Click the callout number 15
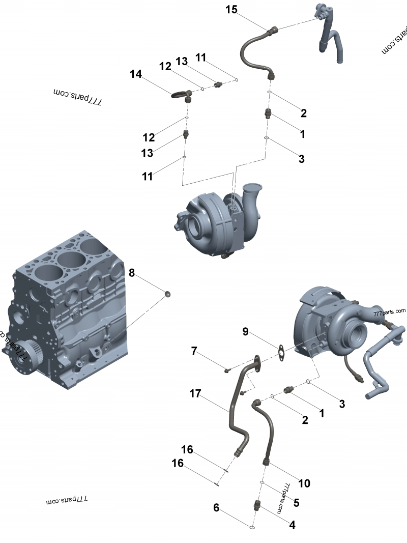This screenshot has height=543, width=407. [x=231, y=10]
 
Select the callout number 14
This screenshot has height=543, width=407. [x=136, y=74]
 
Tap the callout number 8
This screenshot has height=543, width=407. [x=132, y=273]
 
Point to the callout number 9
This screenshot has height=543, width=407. [x=245, y=332]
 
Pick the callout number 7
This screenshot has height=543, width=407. [x=194, y=351]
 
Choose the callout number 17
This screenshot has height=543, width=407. [x=195, y=393]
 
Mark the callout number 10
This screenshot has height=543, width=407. [x=304, y=483]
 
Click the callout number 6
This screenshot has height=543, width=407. [x=216, y=507]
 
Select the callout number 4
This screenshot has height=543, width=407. [x=292, y=525]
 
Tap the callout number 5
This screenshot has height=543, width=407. [x=296, y=503]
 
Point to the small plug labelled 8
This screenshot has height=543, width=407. [x=167, y=294]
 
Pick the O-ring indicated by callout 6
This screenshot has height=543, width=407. [x=252, y=528]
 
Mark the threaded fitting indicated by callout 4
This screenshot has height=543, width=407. [x=257, y=505]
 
